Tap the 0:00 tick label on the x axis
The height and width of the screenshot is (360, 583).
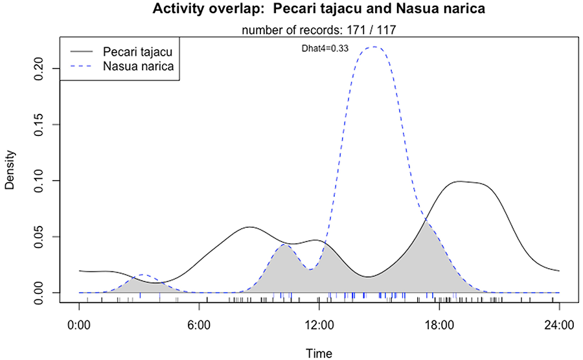pos(79,322)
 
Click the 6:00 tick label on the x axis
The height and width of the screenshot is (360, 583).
pos(199,322)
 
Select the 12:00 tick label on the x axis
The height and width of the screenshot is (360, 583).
pos(319,322)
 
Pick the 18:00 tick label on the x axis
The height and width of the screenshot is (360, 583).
pos(439,322)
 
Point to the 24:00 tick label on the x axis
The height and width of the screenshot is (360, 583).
pos(558,322)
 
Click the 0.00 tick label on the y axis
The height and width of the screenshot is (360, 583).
pos(41,293)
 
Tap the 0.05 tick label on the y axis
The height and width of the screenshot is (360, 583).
pos(41,236)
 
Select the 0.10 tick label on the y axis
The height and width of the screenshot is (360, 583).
pos(41,180)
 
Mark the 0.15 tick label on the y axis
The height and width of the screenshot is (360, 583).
pos(41,124)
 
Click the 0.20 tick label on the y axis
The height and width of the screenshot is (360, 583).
pos(41,68)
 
